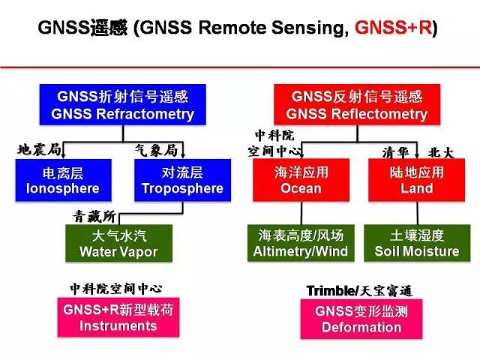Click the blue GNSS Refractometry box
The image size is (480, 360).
(123, 105)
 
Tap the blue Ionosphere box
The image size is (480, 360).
(62, 180)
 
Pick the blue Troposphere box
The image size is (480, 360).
(183, 180)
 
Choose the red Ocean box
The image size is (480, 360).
(301, 180)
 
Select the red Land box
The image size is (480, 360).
(417, 180)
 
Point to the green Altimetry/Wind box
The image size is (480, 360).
(301, 244)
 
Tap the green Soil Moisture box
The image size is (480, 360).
(417, 244)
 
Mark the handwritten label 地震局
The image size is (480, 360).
(39, 148)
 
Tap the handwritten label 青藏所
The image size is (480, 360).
(94, 216)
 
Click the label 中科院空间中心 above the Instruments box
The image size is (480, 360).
(115, 288)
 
